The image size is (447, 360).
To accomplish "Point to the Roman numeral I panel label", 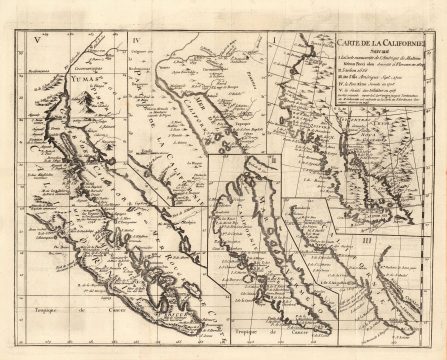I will pos(273,42).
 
